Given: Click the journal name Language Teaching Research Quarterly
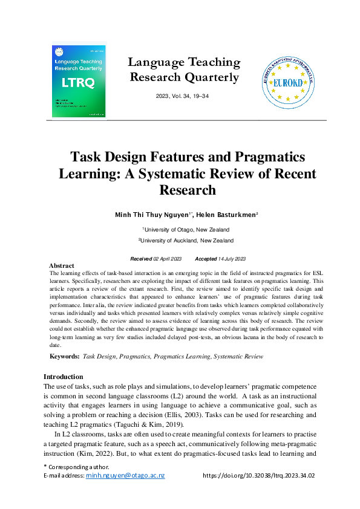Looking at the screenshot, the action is point(184,70).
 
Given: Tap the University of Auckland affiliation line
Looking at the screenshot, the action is point(185,241).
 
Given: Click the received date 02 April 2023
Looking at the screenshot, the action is point(168,259).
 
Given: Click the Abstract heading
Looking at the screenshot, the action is point(61,266).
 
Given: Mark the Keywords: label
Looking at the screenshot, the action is point(64,357).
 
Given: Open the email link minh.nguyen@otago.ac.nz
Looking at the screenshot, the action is point(125,476).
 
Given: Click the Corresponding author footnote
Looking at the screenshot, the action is point(76,467).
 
